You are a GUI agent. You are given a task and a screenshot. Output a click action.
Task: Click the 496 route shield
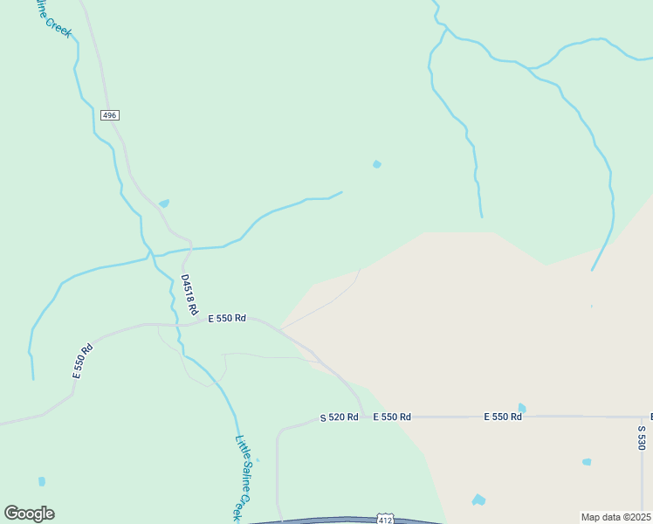click(109, 115)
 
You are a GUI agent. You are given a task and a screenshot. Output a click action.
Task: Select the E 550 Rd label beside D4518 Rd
click(227, 319)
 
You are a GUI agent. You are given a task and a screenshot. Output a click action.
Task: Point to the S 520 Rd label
click(339, 417)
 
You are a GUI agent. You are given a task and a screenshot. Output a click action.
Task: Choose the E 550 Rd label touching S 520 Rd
click(392, 417)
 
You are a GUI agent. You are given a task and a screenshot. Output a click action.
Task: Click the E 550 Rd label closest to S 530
click(503, 417)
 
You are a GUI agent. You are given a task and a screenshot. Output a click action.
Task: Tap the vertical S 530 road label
click(642, 437)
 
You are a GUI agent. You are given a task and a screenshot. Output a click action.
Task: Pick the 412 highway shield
click(386, 520)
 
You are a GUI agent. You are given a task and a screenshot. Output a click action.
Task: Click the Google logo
click(29, 514)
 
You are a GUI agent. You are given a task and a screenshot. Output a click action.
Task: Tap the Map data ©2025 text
click(616, 517)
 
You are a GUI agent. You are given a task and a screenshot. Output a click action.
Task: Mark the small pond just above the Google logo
click(42, 481)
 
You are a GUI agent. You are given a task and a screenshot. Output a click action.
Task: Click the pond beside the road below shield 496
click(164, 203)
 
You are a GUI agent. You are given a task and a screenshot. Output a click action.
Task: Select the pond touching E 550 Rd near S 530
click(522, 408)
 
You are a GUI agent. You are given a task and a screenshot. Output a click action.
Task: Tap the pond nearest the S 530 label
click(587, 461)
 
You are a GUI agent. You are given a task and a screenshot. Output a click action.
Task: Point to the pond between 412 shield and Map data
click(478, 500)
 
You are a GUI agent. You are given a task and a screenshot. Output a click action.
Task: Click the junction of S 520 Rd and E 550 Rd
click(363, 417)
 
